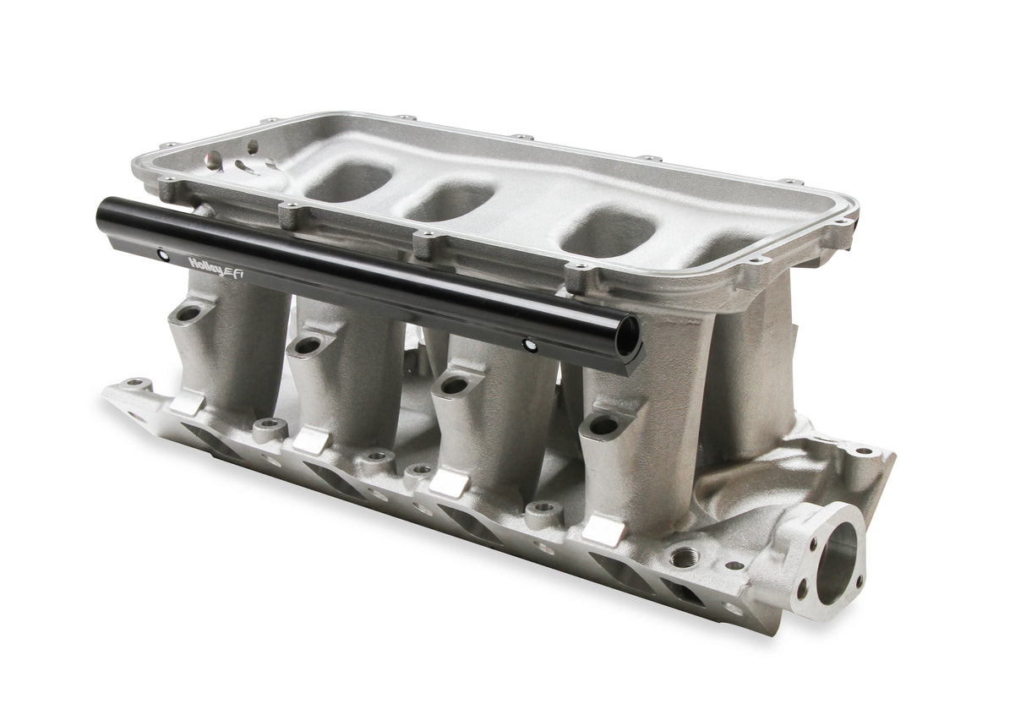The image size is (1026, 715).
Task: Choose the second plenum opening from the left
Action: [x=450, y=201]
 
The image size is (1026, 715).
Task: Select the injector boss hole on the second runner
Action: [x=305, y=346]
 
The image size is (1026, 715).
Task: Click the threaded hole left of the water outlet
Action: [x=680, y=557]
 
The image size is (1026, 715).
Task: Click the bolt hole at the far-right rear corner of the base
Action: [x=862, y=451]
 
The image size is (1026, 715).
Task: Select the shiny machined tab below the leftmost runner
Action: [x=188, y=403]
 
